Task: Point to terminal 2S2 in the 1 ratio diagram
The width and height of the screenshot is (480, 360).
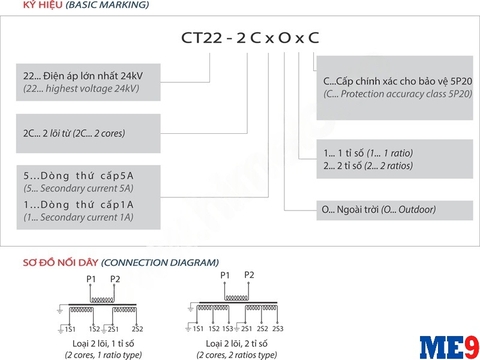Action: coord(137,328)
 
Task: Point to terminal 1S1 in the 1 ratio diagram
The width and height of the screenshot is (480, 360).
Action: coord(70,328)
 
